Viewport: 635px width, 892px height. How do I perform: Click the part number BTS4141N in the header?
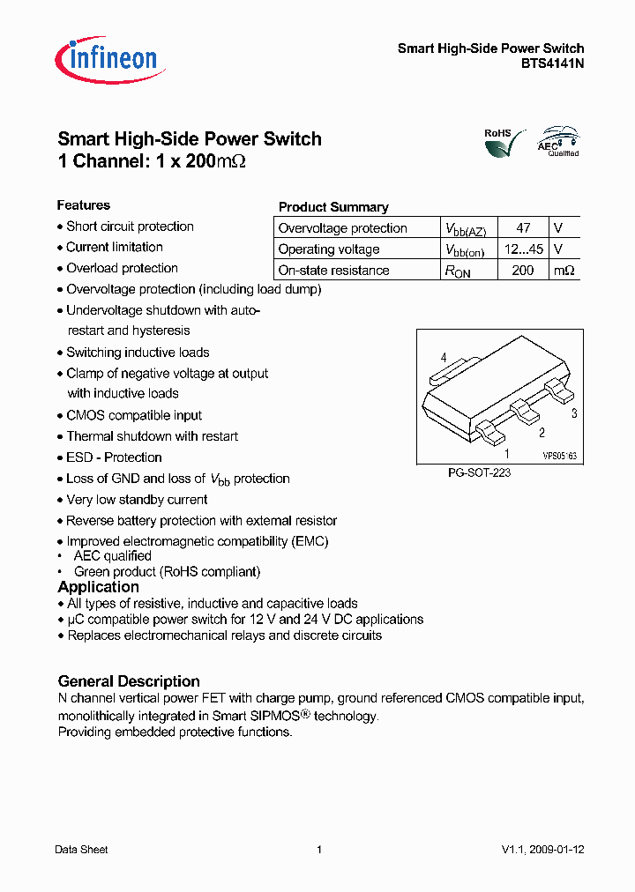[x=552, y=63]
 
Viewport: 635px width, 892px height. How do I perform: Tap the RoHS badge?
[x=498, y=141]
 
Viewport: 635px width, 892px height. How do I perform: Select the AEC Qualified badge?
[x=558, y=141]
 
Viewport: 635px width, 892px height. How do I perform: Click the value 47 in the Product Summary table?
[x=523, y=228]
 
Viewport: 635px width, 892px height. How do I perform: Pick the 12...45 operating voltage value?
[x=523, y=249]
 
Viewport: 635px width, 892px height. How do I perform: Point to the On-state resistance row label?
[x=333, y=271]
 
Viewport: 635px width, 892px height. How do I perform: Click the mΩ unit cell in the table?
[x=564, y=271]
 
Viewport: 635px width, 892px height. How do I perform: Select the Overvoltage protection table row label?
[x=342, y=228]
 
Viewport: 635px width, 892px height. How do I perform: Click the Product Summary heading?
[x=333, y=207]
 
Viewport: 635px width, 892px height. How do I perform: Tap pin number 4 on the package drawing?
[x=444, y=357]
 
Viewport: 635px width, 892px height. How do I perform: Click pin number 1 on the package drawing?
[x=506, y=453]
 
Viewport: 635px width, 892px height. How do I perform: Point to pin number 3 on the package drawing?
[x=574, y=413]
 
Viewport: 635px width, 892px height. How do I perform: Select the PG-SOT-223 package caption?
[x=480, y=473]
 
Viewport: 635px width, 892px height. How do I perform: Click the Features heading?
[x=84, y=205]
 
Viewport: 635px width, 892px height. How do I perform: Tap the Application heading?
[x=98, y=587]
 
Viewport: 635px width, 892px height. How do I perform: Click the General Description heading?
[x=129, y=681]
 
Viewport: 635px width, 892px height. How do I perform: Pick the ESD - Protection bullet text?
[x=114, y=457]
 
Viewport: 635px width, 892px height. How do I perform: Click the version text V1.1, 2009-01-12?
[x=542, y=850]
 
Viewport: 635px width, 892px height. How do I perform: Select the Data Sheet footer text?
[x=81, y=850]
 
